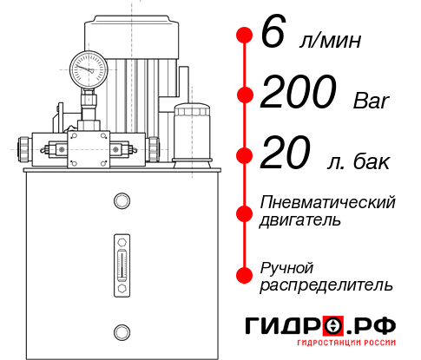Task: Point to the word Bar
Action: (372, 101)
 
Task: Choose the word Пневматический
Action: (328, 202)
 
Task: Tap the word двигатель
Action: (300, 220)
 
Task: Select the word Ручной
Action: (286, 266)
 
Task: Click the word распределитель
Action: (326, 285)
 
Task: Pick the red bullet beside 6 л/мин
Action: (244, 36)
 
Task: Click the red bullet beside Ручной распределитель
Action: (244, 275)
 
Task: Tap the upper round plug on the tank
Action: (122, 201)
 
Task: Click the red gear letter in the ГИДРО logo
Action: (332, 326)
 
